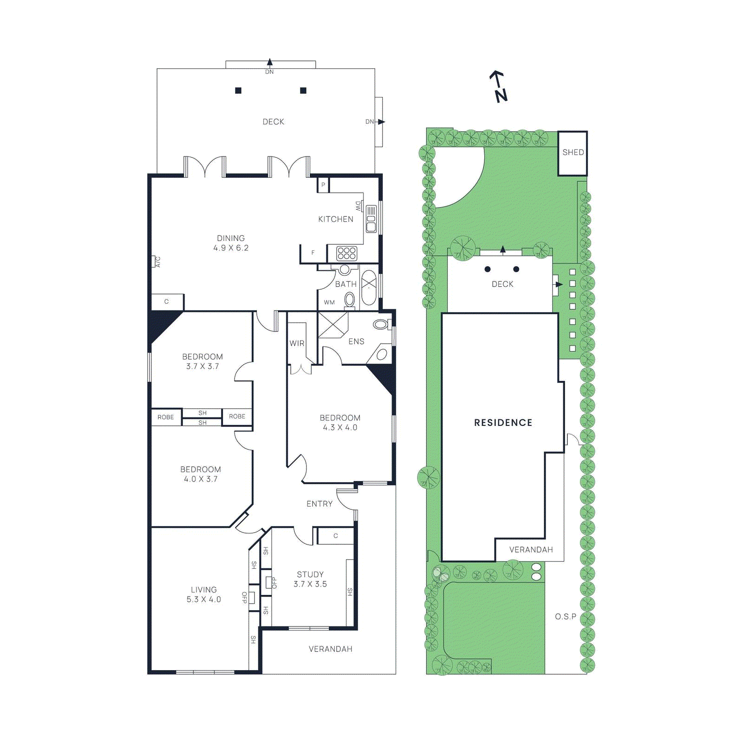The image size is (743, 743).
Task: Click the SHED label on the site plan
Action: (x=573, y=152)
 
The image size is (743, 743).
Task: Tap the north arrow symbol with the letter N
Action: (x=499, y=87)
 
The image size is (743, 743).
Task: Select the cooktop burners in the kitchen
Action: (x=346, y=253)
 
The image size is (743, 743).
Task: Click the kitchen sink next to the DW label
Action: (x=371, y=219)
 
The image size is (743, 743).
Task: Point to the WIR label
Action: (x=297, y=344)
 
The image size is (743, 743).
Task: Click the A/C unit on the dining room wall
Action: (x=154, y=261)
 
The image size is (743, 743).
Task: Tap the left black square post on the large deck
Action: (x=238, y=91)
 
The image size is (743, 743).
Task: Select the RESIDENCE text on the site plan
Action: (x=503, y=423)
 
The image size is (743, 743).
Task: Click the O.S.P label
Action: (x=565, y=617)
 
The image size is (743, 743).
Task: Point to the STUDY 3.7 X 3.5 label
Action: (x=310, y=579)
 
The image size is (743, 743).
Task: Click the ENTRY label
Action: (x=319, y=504)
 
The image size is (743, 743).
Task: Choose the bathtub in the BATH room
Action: (x=369, y=287)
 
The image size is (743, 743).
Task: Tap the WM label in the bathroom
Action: (x=329, y=302)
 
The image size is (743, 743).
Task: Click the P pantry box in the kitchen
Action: (x=323, y=185)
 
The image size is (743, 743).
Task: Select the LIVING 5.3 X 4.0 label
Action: (x=203, y=594)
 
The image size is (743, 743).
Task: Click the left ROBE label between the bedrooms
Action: (x=166, y=417)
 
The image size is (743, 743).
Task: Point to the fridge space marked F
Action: (x=313, y=253)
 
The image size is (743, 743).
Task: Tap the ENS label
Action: (x=356, y=341)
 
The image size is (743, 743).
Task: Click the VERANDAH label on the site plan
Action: (x=531, y=550)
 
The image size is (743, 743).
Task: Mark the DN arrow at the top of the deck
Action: (x=270, y=65)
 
